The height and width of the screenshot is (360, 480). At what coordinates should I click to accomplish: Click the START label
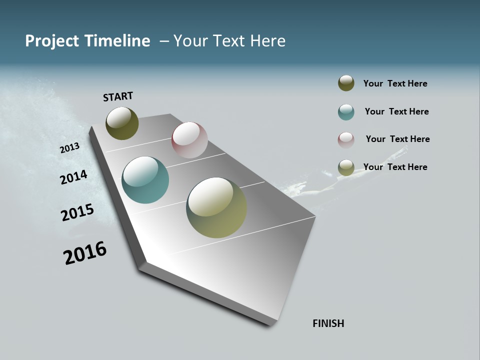point(118,96)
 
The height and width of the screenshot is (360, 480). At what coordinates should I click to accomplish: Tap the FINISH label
point(328,323)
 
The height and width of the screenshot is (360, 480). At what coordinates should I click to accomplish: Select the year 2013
point(69,148)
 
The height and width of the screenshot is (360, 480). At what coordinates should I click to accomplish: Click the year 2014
point(73,177)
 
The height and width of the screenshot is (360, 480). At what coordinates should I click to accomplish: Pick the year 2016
point(85,253)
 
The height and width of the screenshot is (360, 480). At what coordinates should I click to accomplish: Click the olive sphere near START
point(122,123)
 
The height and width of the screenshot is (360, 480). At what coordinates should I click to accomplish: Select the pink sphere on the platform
point(189,140)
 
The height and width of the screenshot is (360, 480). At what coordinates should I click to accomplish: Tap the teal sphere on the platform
point(145,180)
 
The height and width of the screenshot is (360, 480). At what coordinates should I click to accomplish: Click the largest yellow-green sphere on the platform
point(216,207)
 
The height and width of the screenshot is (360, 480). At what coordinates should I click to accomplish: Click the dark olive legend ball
point(346,83)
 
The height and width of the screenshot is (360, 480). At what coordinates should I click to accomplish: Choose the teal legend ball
point(346,112)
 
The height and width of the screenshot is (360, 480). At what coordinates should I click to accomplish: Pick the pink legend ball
point(346,140)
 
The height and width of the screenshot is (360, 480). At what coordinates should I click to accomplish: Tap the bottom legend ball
point(346,167)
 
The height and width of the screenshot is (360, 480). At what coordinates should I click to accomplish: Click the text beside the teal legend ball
point(396,111)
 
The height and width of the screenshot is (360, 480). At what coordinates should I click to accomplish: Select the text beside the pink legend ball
point(397,139)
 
